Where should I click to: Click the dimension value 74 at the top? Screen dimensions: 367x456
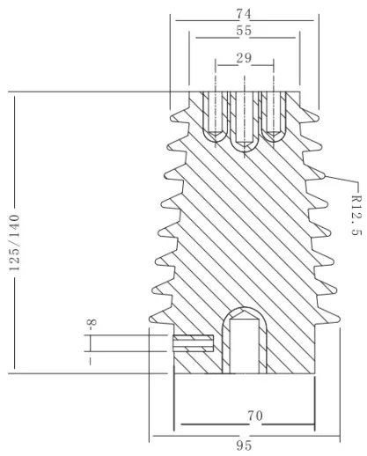(x=244, y=14)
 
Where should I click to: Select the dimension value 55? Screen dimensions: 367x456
(x=244, y=31)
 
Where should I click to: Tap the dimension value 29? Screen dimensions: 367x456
(x=244, y=58)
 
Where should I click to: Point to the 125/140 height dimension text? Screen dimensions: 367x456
(x=14, y=243)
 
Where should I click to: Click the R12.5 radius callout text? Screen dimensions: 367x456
(x=356, y=215)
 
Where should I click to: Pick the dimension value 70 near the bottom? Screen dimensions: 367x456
(x=255, y=416)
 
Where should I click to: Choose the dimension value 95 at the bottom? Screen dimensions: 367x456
(x=244, y=445)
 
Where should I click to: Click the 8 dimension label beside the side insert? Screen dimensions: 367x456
(x=92, y=325)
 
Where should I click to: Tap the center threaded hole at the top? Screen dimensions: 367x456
(x=245, y=121)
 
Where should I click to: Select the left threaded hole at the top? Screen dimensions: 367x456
(x=215, y=116)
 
